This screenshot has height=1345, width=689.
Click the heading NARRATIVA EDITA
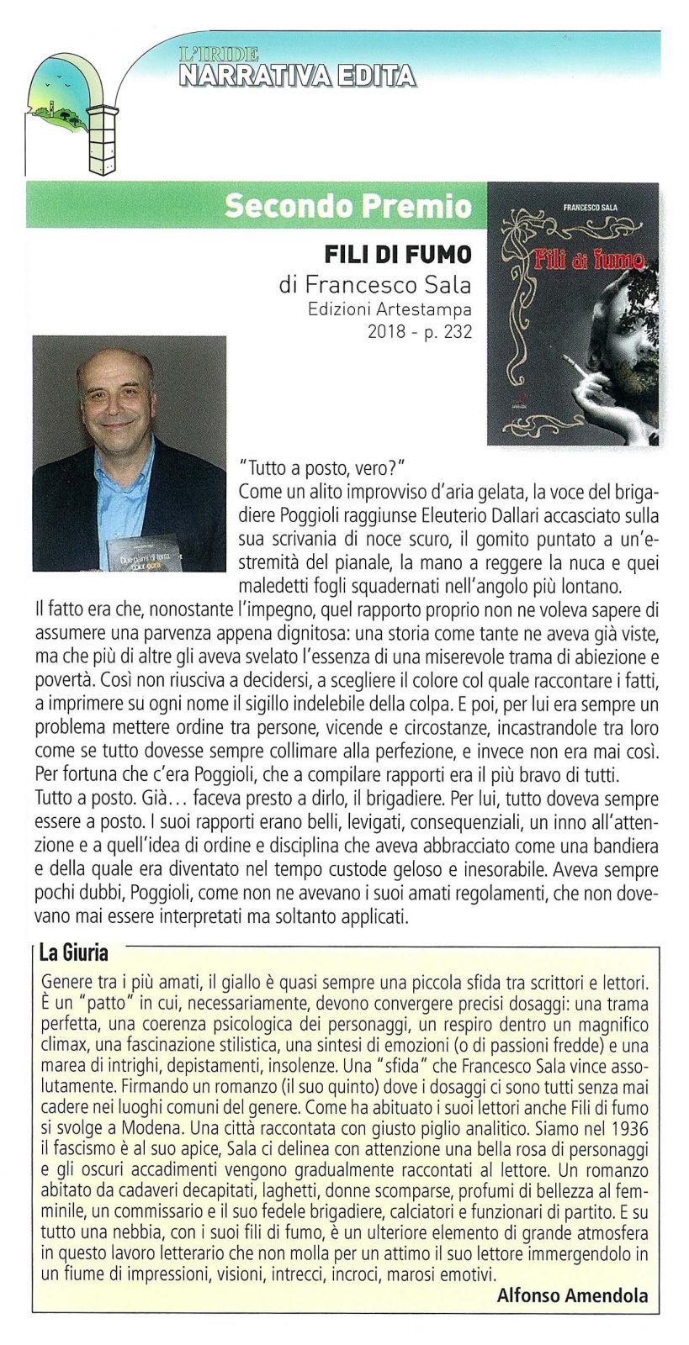(297, 76)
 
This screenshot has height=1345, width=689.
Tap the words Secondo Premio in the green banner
(348, 206)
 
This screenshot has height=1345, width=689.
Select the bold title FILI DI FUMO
(398, 254)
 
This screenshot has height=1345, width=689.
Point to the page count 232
(458, 331)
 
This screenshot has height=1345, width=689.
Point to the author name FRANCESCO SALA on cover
(590, 206)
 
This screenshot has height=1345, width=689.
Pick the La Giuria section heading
(74, 953)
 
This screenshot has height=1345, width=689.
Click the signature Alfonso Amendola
(572, 1295)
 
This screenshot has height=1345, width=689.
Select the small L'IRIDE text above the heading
(219, 55)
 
